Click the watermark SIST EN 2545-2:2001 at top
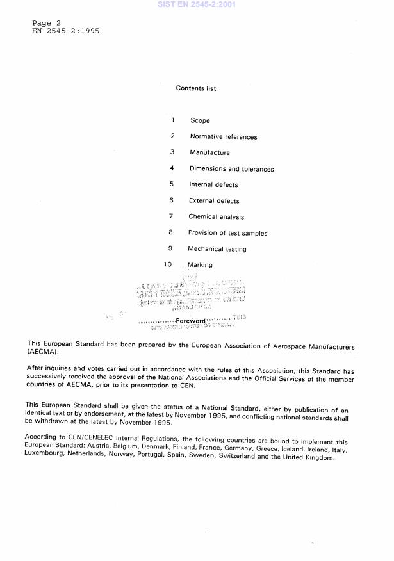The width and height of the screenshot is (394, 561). (x=197, y=4)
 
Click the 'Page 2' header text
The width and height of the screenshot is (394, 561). (x=46, y=23)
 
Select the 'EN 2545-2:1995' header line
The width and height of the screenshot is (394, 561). (x=66, y=31)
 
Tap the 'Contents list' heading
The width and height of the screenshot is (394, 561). (x=196, y=88)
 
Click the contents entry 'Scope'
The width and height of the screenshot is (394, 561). (x=200, y=120)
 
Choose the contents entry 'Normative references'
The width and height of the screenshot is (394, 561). (x=224, y=136)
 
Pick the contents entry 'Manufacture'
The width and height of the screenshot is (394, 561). (x=209, y=152)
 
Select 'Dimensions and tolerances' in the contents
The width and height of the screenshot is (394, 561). (x=231, y=169)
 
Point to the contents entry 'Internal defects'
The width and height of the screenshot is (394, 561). (x=213, y=184)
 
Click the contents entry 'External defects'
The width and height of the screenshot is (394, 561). (x=214, y=200)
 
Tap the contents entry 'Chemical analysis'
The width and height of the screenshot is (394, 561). (x=216, y=217)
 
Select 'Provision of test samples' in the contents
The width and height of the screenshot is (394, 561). (x=227, y=233)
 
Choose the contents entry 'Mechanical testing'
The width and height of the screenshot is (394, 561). (x=217, y=249)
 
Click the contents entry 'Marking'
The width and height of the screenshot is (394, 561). (x=200, y=264)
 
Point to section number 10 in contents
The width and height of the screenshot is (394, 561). (x=168, y=264)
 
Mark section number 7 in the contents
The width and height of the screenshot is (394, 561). (x=171, y=216)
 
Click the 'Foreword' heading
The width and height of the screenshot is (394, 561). (x=190, y=320)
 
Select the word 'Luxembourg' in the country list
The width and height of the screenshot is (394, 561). (x=46, y=458)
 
